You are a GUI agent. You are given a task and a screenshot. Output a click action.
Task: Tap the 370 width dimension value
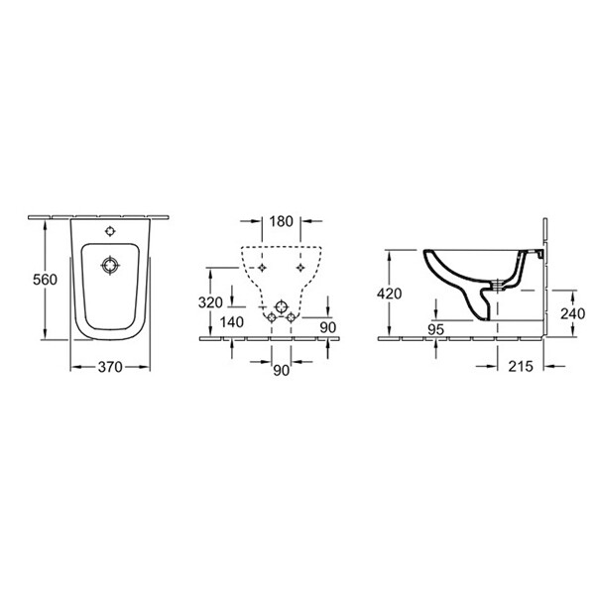pyautogui.click(x=109, y=367)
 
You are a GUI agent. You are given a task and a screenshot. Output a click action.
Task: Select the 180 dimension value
pyautogui.click(x=280, y=221)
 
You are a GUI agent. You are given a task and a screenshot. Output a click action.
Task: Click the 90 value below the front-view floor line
pyautogui.click(x=280, y=370)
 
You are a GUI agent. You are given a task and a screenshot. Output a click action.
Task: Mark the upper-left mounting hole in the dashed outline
pyautogui.click(x=260, y=267)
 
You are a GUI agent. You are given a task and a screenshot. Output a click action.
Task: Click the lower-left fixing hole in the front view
pyautogui.click(x=269, y=317)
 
